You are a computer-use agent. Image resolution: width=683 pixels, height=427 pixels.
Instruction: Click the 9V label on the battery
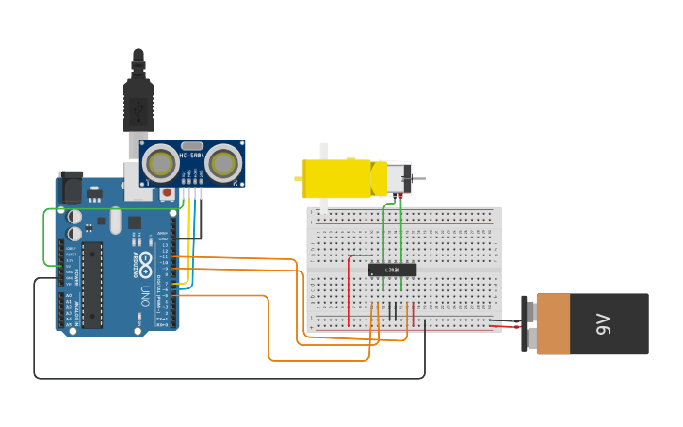click(604, 324)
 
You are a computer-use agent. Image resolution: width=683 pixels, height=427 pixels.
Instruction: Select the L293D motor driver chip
click(392, 271)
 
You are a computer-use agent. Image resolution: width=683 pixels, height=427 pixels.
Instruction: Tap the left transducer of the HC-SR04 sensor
click(162, 163)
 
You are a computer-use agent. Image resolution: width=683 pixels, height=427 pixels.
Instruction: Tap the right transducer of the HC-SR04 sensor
click(223, 163)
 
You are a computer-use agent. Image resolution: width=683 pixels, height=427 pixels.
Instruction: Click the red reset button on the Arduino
click(167, 193)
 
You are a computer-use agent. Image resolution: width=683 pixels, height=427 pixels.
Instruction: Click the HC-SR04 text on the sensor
click(192, 155)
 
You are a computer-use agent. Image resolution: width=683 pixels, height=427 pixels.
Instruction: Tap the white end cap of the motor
click(399, 178)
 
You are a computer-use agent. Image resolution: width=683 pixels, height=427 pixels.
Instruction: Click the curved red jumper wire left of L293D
click(351, 283)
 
